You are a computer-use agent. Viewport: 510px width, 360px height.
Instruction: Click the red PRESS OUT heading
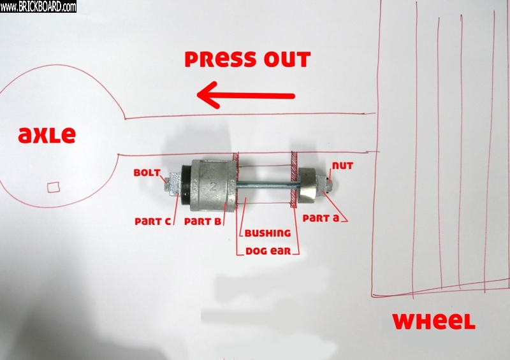[247, 59]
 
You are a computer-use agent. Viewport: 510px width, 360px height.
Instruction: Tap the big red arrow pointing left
[246, 96]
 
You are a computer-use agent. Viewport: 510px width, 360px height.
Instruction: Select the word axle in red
[47, 135]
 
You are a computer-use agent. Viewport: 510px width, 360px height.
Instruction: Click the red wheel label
[434, 321]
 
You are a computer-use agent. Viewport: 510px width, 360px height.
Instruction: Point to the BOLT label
[147, 173]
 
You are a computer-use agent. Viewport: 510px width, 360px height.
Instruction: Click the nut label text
[342, 166]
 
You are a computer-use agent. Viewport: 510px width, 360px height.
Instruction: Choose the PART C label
[152, 222]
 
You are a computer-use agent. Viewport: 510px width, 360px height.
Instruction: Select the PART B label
[203, 222]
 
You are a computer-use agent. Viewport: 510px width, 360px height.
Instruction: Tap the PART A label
[321, 218]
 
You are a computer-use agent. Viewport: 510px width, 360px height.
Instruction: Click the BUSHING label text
[268, 233]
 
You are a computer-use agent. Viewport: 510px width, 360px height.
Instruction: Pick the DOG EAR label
[268, 251]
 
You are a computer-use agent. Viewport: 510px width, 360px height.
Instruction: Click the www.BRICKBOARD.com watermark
[38, 6]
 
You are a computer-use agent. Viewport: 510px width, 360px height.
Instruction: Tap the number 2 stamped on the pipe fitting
[214, 186]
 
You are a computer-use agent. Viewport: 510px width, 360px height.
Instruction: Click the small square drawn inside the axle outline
[54, 187]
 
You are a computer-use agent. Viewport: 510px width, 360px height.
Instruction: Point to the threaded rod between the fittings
[268, 185]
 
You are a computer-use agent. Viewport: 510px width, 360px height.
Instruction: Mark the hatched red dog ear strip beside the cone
[295, 179]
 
